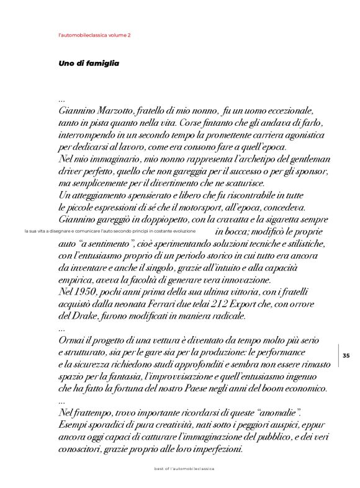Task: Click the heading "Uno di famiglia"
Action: point(88,63)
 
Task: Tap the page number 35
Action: point(346,355)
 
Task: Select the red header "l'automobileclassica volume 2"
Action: point(94,35)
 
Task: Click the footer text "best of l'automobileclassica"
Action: point(184,469)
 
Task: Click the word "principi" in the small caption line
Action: point(142,231)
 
